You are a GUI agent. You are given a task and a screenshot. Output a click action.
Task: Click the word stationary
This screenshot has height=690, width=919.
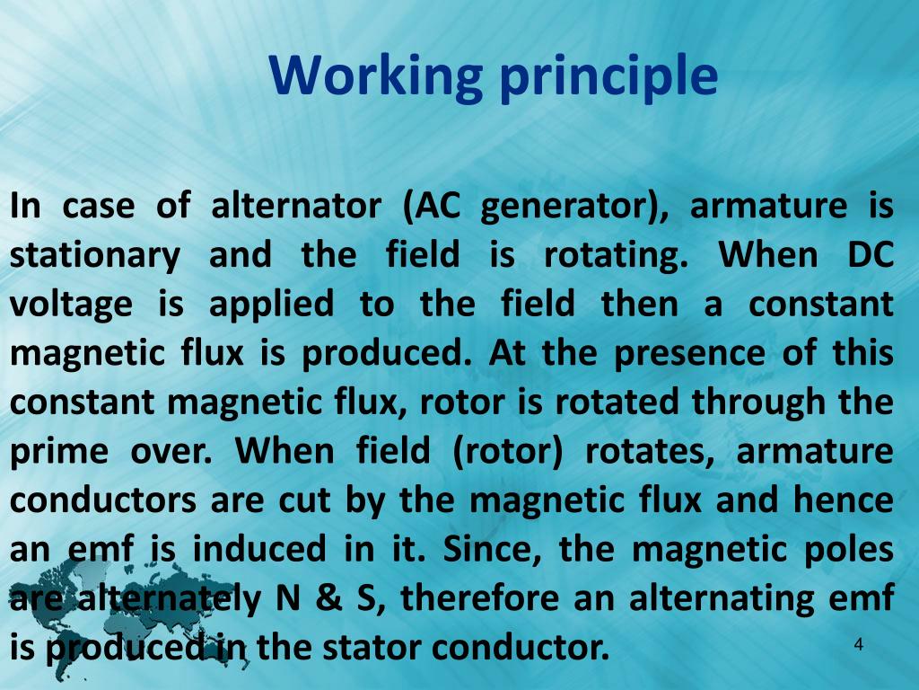[94, 255]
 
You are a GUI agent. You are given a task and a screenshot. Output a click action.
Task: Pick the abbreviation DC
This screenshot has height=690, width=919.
[870, 255]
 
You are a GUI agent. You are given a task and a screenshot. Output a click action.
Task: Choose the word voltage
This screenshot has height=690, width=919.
[71, 304]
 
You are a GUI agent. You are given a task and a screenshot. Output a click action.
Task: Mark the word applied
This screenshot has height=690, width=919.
[270, 304]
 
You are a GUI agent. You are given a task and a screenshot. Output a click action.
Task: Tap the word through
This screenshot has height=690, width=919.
[752, 401]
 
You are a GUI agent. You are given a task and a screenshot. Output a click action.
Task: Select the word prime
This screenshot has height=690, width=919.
[57, 450]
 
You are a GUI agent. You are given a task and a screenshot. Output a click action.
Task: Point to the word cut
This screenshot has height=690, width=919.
[304, 499]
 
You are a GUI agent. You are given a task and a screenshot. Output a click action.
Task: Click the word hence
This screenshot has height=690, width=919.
[843, 499]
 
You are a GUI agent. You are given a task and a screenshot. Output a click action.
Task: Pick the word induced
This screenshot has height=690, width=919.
[259, 547]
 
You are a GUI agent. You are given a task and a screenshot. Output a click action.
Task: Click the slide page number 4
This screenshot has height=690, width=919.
[859, 644]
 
